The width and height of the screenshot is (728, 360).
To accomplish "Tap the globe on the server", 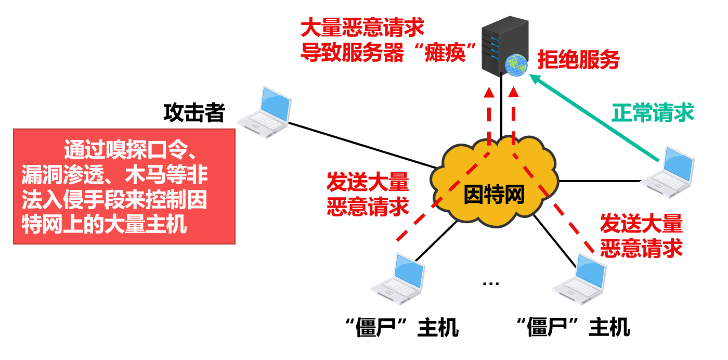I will [516, 65].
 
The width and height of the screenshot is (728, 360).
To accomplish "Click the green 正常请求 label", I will [653, 112].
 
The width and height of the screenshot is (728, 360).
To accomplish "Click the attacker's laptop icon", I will [265, 113].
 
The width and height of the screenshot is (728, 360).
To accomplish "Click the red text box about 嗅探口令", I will [124, 187].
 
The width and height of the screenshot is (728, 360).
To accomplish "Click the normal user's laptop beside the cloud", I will [668, 174].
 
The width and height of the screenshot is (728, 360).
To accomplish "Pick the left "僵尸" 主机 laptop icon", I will [399, 277].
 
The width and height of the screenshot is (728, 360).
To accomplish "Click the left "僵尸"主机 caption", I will [402, 328].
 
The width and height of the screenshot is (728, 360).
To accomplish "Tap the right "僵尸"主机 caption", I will [573, 328].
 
